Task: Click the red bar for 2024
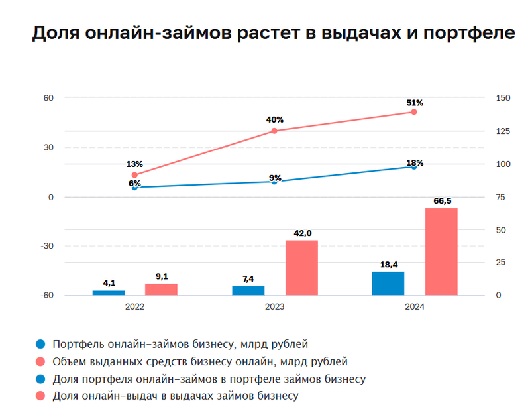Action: click(x=441, y=252)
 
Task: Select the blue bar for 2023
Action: click(x=248, y=291)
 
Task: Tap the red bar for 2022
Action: click(x=161, y=290)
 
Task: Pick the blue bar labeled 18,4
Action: click(x=388, y=284)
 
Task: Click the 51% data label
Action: click(x=415, y=103)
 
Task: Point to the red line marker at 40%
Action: click(x=274, y=131)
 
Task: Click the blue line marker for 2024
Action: click(x=414, y=166)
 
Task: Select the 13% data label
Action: click(x=135, y=164)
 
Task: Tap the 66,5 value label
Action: click(x=441, y=200)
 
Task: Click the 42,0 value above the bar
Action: click(x=301, y=233)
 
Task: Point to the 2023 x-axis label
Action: click(x=274, y=307)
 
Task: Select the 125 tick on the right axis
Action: click(x=503, y=131)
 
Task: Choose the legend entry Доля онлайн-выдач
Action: click(x=176, y=396)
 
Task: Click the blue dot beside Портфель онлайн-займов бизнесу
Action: click(x=41, y=345)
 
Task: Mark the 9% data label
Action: click(x=275, y=178)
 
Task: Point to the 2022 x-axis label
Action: click(x=134, y=307)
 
